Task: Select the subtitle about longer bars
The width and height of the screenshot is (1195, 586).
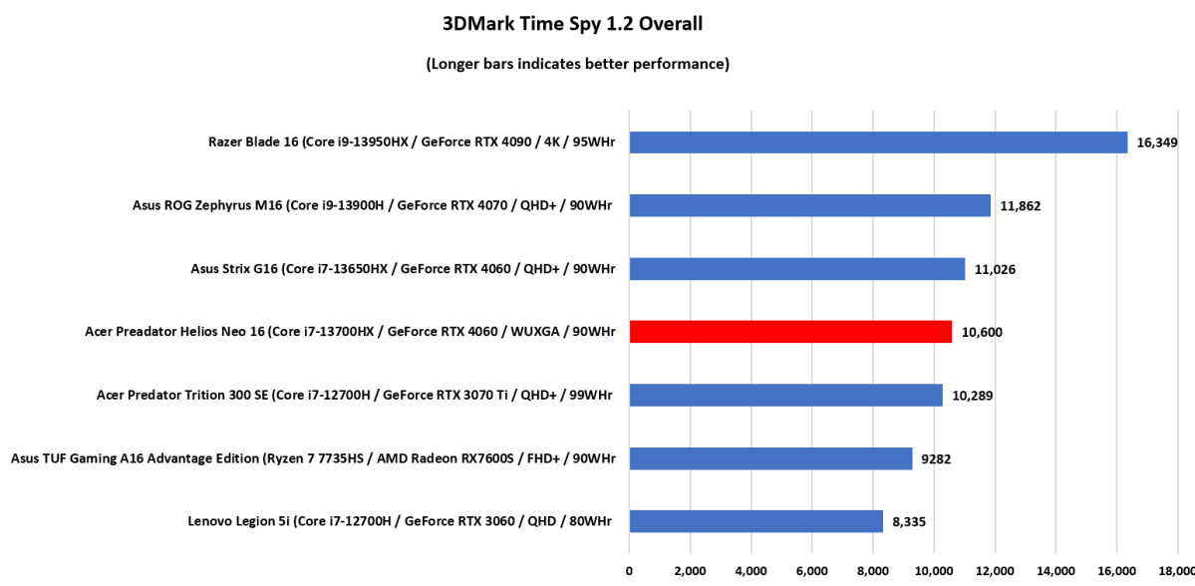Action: tap(578, 64)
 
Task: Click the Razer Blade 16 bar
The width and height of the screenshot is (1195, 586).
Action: tap(878, 143)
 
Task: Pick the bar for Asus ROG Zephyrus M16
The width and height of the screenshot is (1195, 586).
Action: tap(809, 205)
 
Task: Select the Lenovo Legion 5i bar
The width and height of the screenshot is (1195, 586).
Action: tap(755, 520)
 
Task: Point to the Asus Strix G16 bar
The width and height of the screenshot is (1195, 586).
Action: tap(797, 269)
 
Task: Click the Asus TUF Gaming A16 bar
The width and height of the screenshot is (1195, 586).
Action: tap(770, 458)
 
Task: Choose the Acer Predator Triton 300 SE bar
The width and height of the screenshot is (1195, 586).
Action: tap(785, 395)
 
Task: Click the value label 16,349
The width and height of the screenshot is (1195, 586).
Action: tap(1157, 143)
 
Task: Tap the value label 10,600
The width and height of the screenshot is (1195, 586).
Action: tap(982, 332)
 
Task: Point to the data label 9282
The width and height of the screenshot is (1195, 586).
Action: tap(937, 458)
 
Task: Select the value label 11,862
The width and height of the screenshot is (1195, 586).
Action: tap(1021, 205)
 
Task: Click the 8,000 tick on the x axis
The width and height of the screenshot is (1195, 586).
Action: tap(873, 571)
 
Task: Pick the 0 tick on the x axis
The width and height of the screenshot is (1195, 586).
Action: tap(629, 571)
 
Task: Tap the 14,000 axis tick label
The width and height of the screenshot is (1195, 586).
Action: tap(1055, 571)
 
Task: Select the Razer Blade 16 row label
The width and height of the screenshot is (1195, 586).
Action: tap(398, 143)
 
